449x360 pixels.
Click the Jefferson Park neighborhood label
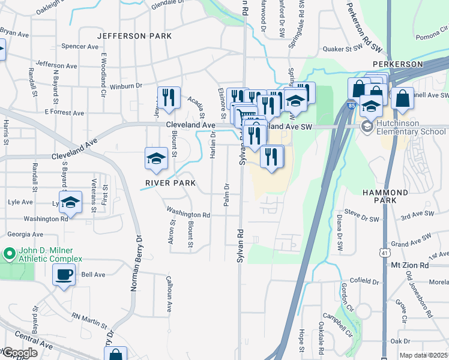click(x=134, y=36)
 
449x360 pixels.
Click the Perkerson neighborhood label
click(x=397, y=64)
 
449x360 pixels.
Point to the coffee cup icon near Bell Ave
click(x=64, y=275)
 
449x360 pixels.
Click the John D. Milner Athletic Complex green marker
click(x=9, y=253)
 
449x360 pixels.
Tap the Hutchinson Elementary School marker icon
click(x=366, y=127)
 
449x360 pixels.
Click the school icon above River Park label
click(x=156, y=158)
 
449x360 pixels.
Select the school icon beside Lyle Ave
click(x=70, y=202)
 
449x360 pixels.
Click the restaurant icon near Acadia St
click(x=168, y=98)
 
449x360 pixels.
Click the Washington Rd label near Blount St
click(x=188, y=212)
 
